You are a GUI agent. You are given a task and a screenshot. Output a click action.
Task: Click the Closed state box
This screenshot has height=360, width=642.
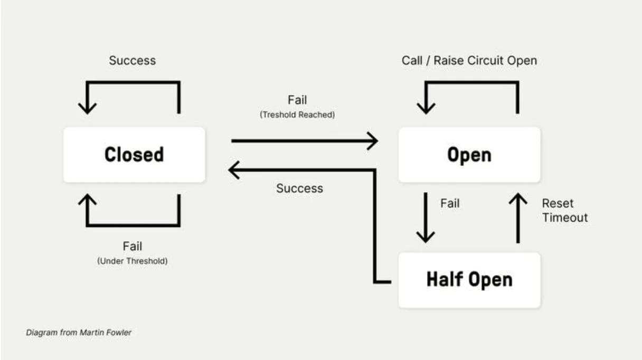point(134,155)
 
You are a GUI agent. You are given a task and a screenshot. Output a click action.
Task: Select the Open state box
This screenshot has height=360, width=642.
point(469,155)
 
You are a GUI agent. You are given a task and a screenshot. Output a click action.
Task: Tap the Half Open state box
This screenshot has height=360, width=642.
point(469,280)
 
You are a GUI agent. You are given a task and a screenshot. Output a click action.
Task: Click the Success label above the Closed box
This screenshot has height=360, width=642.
point(132,60)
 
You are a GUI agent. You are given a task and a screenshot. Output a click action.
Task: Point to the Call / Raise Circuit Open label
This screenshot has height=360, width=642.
point(469,60)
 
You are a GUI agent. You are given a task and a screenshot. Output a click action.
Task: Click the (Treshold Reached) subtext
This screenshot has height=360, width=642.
point(297,115)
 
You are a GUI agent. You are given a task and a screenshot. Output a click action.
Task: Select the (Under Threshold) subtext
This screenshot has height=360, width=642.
point(132,261)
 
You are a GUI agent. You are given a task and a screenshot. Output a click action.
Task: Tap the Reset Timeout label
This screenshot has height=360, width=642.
point(564,210)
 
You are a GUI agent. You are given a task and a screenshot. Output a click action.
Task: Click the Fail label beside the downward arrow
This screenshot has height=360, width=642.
point(450,203)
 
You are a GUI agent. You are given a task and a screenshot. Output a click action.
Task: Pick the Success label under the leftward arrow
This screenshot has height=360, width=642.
point(299,188)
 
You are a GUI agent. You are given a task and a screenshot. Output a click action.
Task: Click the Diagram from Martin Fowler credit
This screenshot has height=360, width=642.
point(79,333)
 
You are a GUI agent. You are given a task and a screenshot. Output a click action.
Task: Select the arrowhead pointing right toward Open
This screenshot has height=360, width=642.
point(373,141)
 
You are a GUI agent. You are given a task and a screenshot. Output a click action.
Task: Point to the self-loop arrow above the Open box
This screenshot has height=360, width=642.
point(469,82)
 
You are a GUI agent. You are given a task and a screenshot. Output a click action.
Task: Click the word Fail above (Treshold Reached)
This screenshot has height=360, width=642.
point(297,100)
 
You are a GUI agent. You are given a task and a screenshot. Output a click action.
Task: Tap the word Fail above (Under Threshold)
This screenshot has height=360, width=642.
point(132,246)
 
